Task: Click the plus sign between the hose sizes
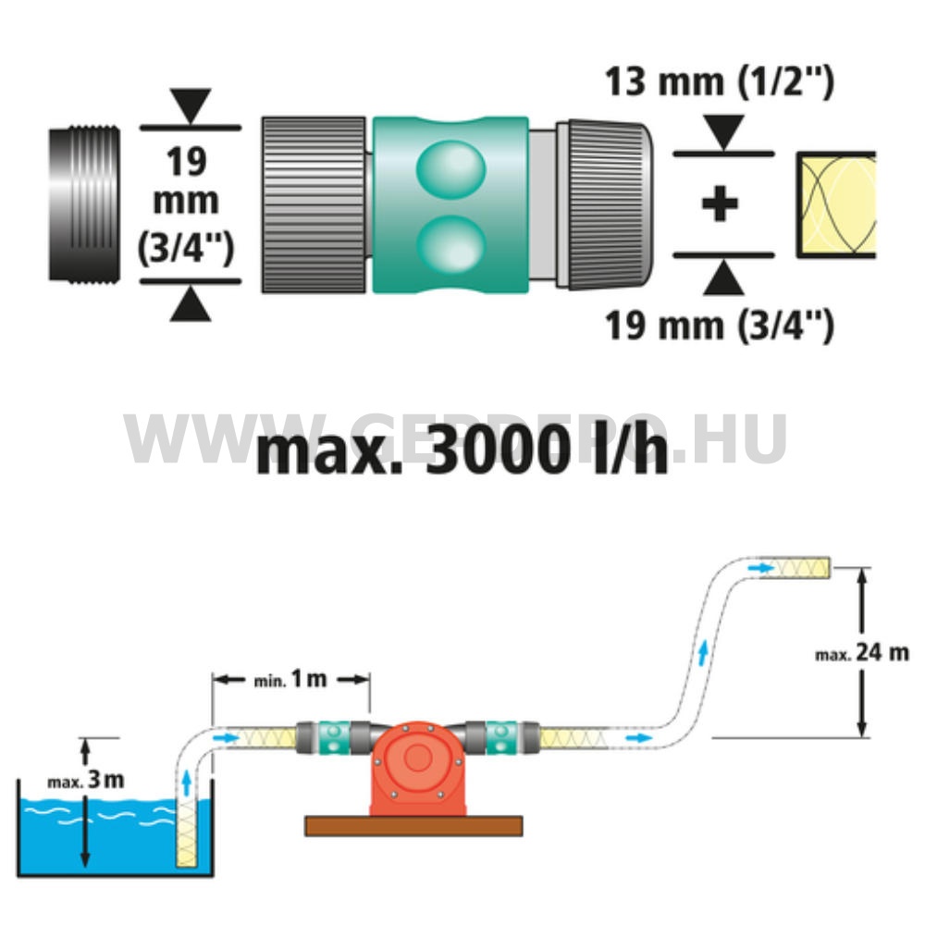tap(720, 204)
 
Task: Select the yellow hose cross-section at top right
tap(837, 204)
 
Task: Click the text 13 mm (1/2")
tap(720, 81)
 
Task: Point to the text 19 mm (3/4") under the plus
tap(720, 326)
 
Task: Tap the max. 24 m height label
tap(862, 653)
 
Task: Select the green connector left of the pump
tap(332, 737)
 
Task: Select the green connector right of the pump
tap(500, 737)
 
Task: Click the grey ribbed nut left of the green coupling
tap(314, 204)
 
